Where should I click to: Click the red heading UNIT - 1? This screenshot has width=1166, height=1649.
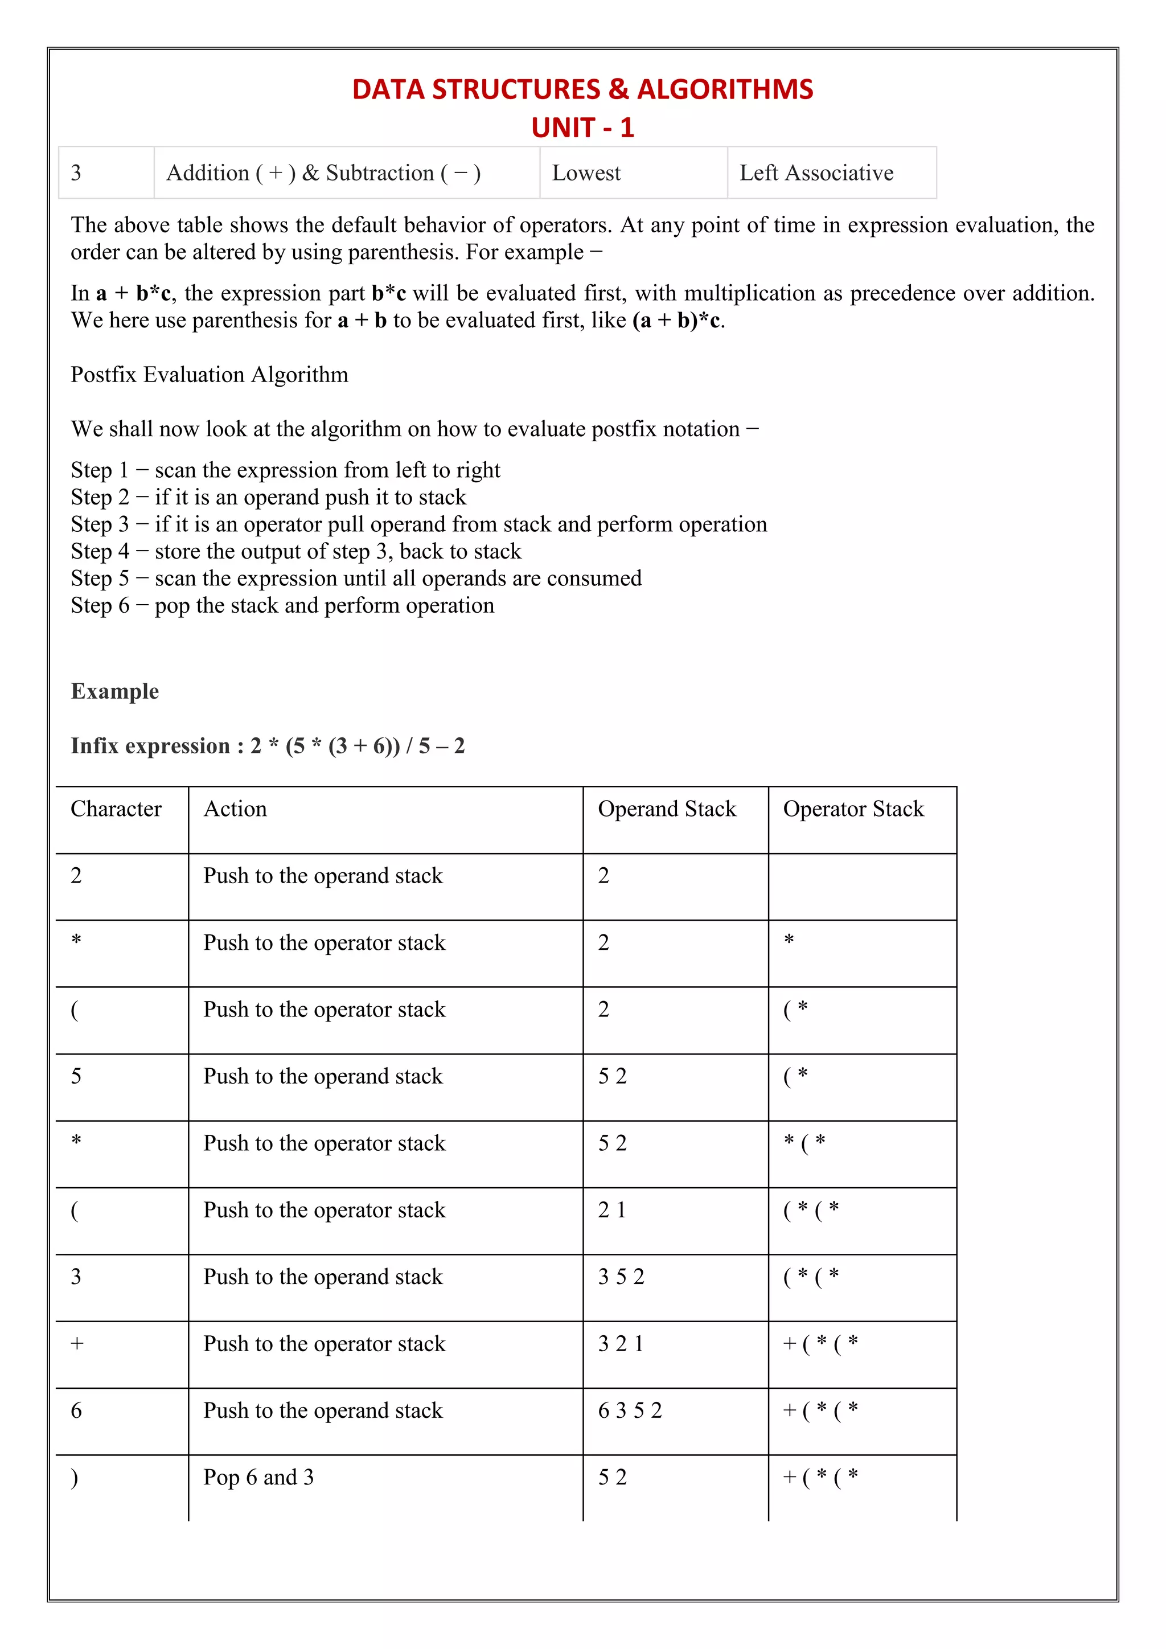click(582, 128)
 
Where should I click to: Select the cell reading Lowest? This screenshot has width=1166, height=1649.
click(586, 173)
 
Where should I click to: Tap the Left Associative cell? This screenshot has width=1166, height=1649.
click(816, 173)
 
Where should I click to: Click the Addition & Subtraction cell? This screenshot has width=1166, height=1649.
click(323, 173)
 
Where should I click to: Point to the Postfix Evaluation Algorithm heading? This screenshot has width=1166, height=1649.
click(209, 375)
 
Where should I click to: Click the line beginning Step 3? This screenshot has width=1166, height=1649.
click(418, 524)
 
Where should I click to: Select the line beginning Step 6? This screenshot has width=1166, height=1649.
click(282, 605)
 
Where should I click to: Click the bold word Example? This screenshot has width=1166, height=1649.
click(115, 691)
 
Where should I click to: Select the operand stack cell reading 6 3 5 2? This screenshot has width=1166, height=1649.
click(630, 1410)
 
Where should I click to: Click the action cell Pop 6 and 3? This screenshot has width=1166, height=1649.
click(258, 1478)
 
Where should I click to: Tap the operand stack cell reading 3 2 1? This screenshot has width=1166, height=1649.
click(621, 1344)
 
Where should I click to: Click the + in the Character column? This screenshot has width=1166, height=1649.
click(77, 1344)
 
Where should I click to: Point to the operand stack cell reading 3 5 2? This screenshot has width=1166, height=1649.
click(621, 1277)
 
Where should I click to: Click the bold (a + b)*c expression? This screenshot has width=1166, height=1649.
click(677, 321)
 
